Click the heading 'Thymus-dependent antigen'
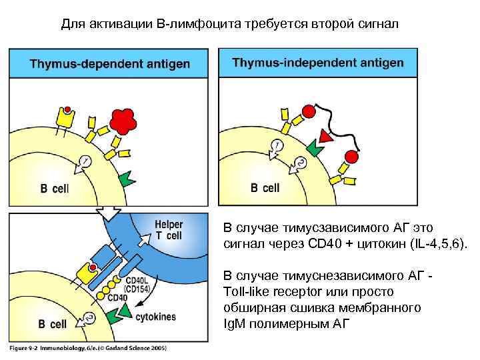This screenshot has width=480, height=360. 109,64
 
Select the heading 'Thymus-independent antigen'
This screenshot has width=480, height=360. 318,63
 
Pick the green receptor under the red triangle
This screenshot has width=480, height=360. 313,151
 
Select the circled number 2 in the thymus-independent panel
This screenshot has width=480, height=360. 300,162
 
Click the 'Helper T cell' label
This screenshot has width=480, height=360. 169,230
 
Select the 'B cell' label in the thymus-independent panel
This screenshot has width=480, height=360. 265,188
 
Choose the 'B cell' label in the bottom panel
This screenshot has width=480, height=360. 52,325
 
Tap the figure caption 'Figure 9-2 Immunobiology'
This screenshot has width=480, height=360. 87,347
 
